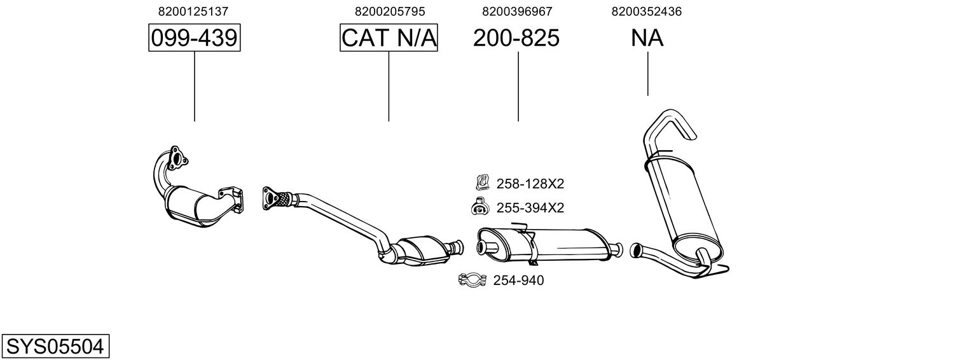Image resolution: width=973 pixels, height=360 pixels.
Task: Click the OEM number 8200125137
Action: [x=193, y=11]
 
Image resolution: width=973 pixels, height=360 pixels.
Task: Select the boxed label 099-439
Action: [x=194, y=38]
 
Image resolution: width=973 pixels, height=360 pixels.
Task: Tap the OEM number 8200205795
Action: [x=389, y=11]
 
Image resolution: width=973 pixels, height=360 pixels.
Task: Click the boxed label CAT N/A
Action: [x=389, y=38]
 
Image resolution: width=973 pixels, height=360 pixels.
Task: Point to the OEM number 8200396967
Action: [x=517, y=11]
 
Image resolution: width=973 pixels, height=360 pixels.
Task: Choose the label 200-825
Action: [x=516, y=38]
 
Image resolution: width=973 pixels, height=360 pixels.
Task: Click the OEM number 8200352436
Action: [x=647, y=11]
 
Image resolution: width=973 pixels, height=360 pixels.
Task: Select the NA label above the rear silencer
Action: [x=647, y=38]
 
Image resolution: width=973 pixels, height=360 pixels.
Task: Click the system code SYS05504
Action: [x=55, y=347]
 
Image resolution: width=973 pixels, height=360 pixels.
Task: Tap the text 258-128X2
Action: [x=530, y=184]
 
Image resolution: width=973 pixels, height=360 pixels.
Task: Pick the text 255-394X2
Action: [x=530, y=208]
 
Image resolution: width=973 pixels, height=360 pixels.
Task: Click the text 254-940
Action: [x=518, y=280]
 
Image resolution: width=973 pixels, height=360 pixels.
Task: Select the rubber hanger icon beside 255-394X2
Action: [x=478, y=207]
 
